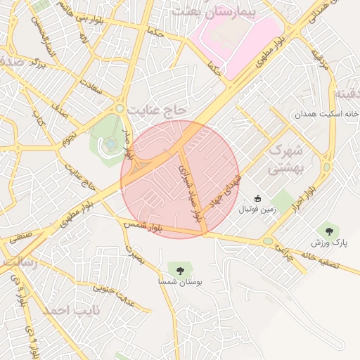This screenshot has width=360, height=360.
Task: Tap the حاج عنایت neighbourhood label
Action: (x=156, y=110)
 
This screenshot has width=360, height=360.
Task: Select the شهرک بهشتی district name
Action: (x=285, y=160)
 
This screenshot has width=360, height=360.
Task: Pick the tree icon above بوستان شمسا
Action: (x=180, y=269)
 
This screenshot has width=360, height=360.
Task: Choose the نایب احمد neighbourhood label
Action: (x=71, y=310)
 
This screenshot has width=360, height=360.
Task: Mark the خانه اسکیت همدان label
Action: (x=328, y=114)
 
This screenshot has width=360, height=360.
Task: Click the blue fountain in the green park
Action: (x=111, y=143)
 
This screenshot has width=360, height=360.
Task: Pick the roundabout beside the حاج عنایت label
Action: (x=120, y=108)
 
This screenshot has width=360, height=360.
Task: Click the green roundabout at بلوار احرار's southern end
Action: (x=268, y=241)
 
